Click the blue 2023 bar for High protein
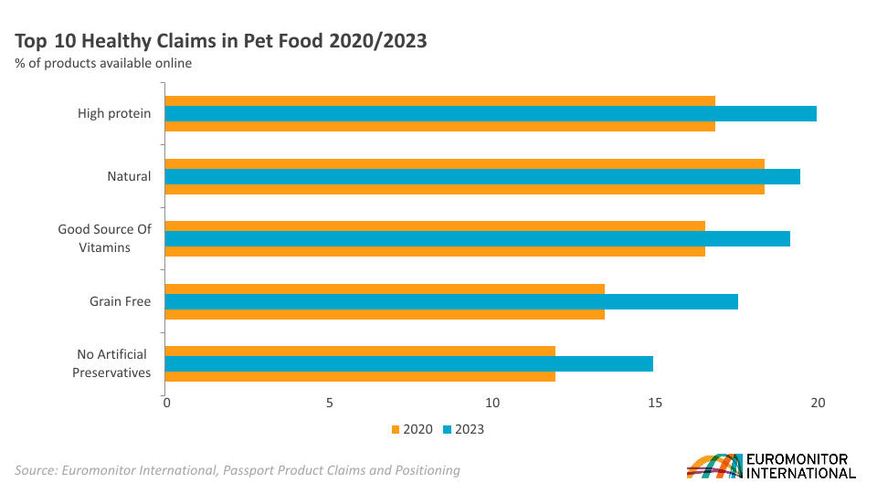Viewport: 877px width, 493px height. (491, 114)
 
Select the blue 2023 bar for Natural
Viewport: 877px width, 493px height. (482, 176)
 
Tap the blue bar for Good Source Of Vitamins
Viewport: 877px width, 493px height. (477, 238)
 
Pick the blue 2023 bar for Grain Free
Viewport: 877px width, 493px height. (451, 301)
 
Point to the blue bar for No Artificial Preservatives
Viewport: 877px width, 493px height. (408, 363)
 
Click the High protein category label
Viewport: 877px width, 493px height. (114, 114)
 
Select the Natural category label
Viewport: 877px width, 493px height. (129, 176)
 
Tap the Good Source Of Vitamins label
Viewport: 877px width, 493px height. (104, 238)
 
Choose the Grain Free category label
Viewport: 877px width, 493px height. (120, 301)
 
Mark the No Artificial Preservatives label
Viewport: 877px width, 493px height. (111, 363)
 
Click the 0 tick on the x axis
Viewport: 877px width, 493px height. (165, 403)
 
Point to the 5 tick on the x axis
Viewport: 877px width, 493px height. (329, 403)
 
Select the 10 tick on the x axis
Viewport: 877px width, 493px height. (492, 403)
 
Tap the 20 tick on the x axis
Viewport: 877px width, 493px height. (818, 403)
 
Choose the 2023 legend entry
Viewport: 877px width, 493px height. (463, 429)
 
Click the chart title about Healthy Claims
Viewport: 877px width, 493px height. (221, 41)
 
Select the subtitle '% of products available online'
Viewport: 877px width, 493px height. (103, 63)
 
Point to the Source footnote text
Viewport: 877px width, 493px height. (238, 470)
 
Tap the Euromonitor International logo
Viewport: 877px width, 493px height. (771, 466)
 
